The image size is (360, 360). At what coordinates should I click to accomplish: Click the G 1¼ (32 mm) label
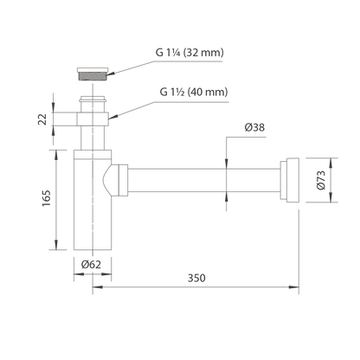(190, 53)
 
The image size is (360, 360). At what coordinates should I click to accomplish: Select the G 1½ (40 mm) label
(194, 92)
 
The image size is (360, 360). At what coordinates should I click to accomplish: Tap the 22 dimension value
(42, 119)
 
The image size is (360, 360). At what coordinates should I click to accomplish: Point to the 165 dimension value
(46, 198)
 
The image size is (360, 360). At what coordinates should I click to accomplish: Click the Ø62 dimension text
(91, 264)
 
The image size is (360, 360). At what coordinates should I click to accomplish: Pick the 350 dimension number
(196, 278)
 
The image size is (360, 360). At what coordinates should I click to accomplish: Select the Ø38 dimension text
(254, 127)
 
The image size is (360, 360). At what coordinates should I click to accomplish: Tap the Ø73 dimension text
(321, 180)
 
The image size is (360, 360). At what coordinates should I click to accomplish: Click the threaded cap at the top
(93, 74)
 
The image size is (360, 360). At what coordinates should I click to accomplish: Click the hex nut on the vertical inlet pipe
(93, 119)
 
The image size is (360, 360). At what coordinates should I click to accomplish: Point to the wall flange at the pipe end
(289, 180)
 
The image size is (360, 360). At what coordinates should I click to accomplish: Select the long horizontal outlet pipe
(203, 180)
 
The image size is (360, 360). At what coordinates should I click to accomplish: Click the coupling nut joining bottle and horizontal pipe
(123, 180)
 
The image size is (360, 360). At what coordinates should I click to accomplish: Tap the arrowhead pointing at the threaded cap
(112, 74)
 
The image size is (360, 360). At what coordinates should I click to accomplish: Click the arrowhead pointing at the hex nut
(112, 117)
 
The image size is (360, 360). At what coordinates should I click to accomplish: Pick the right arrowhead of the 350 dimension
(294, 287)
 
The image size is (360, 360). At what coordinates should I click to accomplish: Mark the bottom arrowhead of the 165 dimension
(56, 245)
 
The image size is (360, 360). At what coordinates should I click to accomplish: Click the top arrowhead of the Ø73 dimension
(331, 163)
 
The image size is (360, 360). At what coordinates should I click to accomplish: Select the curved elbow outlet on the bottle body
(111, 180)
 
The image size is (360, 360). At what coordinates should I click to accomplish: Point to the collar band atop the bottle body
(93, 155)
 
